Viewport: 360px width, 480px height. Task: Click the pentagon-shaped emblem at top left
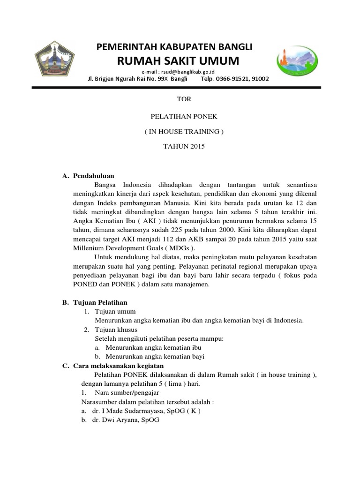point(55,60)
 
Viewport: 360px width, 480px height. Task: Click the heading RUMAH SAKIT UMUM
point(178,61)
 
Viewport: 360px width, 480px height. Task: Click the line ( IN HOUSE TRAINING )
point(184,132)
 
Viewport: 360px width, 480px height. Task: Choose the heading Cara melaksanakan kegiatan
point(118,366)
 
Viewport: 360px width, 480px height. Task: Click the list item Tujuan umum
point(115,311)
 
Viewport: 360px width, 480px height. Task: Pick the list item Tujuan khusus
point(116,330)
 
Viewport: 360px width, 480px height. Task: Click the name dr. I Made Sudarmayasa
point(126,411)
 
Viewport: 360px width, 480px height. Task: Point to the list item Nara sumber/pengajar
point(127,392)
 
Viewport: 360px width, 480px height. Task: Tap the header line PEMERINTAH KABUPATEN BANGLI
point(174,47)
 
